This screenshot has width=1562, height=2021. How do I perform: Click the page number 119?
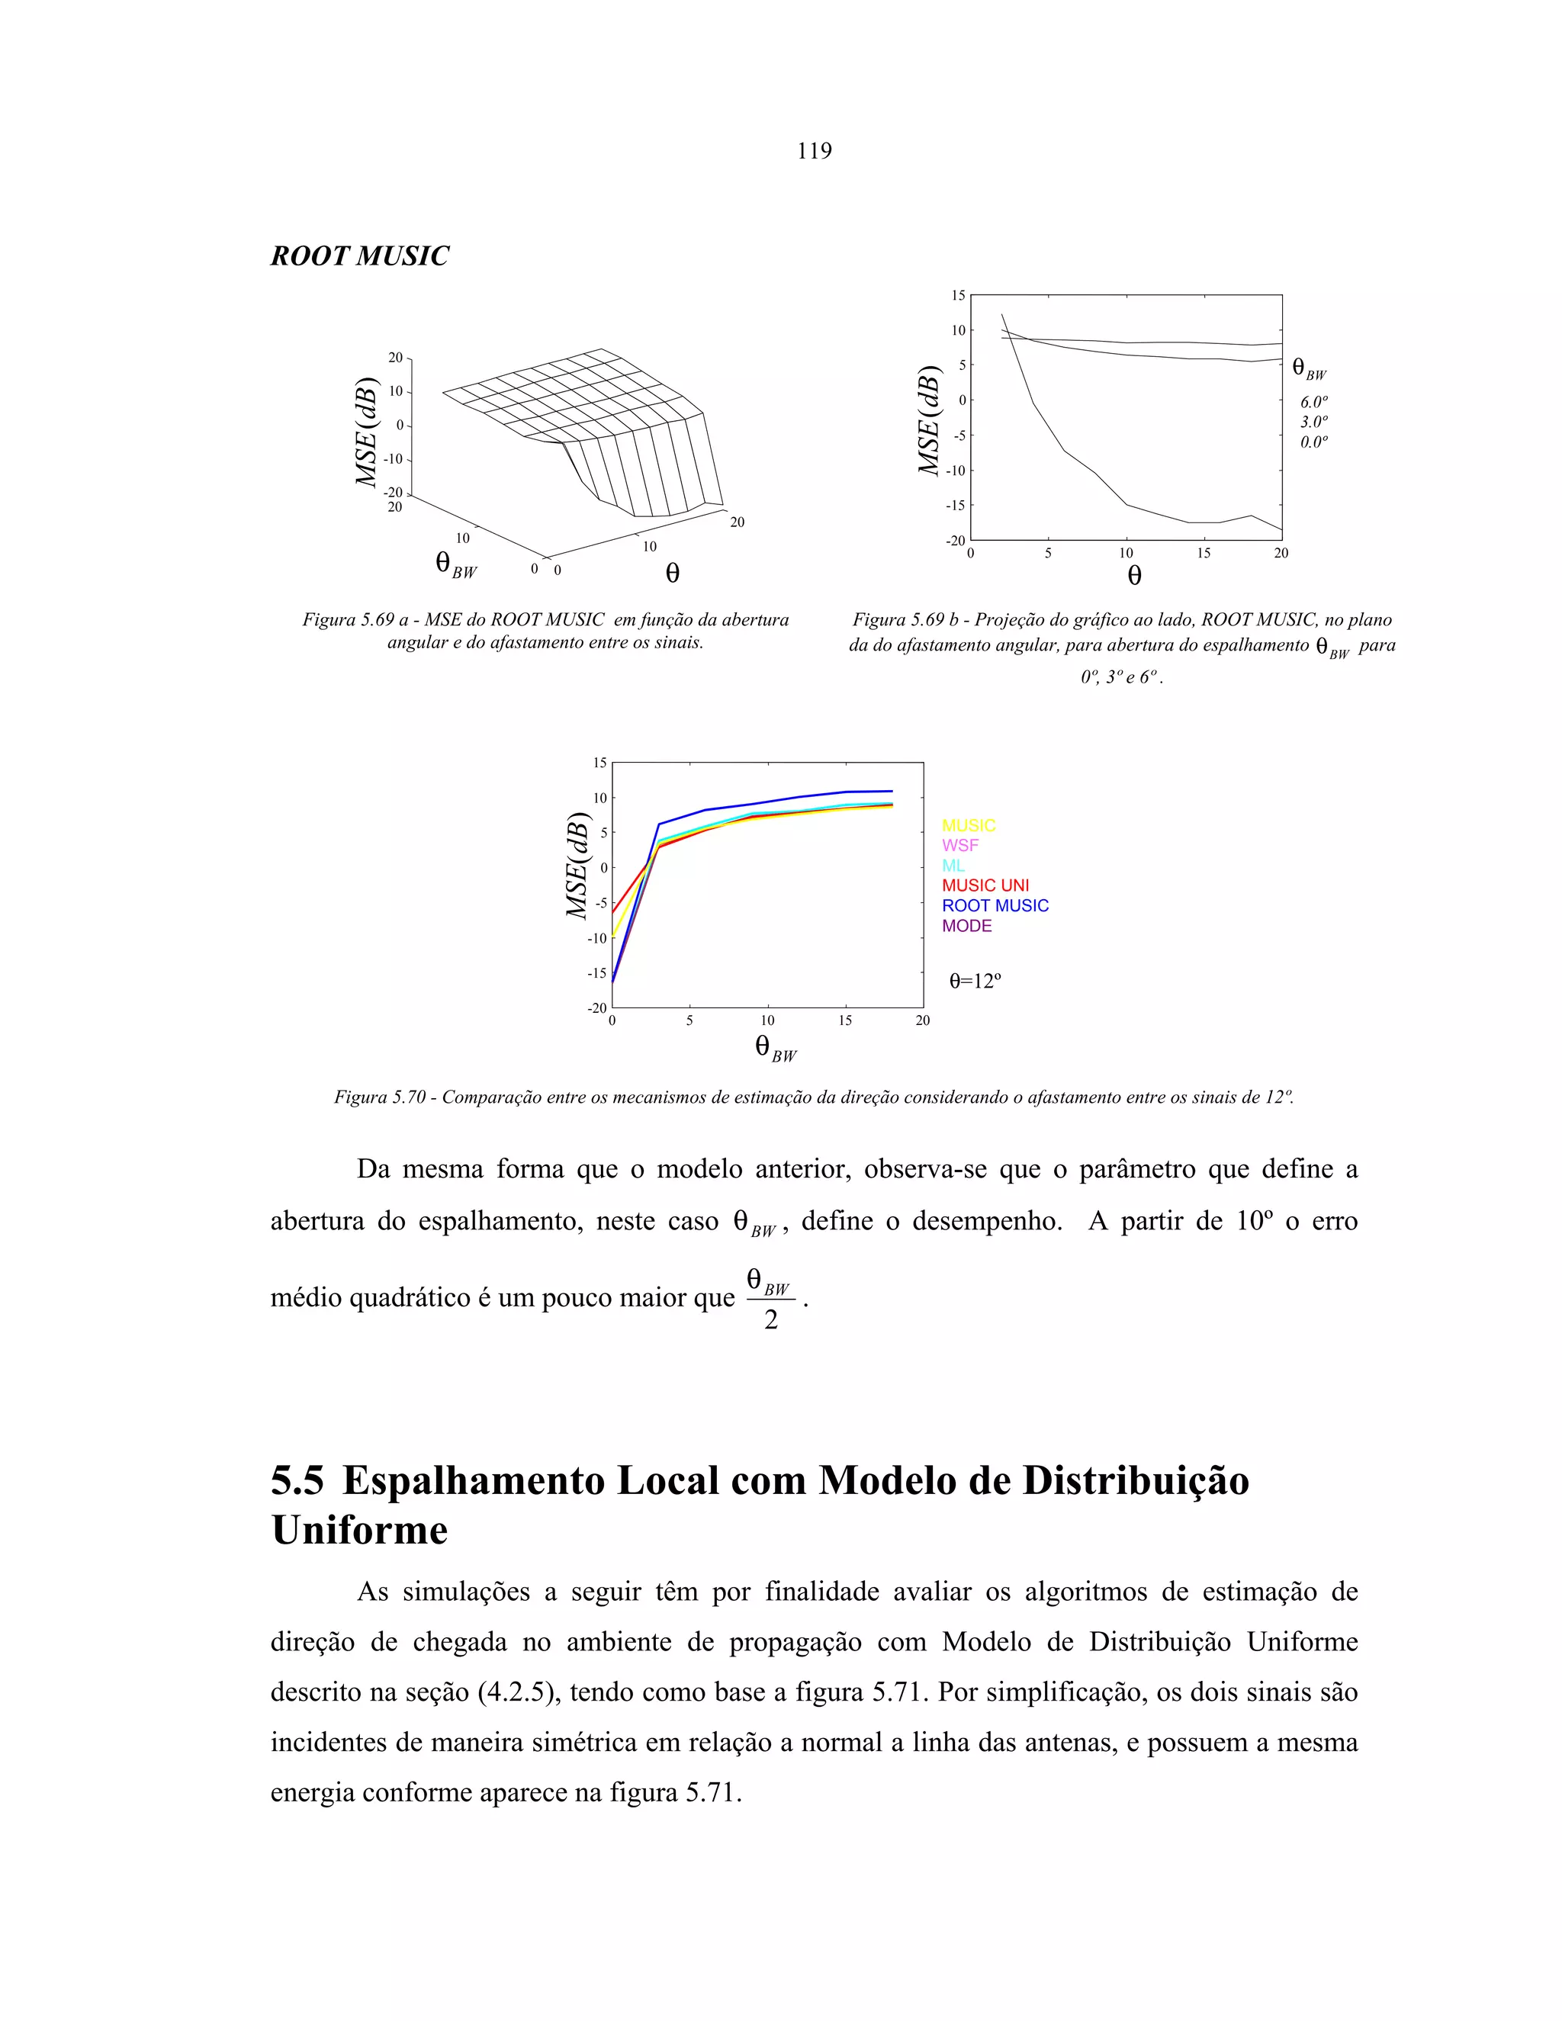[x=815, y=151]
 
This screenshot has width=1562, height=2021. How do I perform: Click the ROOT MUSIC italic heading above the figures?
[x=360, y=256]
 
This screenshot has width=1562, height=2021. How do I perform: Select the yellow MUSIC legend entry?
[x=968, y=825]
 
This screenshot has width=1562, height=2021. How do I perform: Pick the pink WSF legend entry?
[x=959, y=846]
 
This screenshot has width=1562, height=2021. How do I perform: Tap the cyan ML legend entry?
[x=953, y=866]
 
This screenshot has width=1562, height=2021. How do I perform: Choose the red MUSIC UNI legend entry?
[x=985, y=885]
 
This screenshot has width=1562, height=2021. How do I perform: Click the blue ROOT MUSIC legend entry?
[x=995, y=906]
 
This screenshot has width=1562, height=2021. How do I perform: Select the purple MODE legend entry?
[x=966, y=927]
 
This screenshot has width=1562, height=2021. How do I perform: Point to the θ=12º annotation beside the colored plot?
[x=975, y=981]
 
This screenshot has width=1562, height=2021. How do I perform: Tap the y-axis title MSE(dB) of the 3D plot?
[x=368, y=432]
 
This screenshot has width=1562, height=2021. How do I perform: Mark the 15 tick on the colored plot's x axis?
[x=845, y=1020]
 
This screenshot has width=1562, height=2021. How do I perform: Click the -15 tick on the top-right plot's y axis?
[x=955, y=505]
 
